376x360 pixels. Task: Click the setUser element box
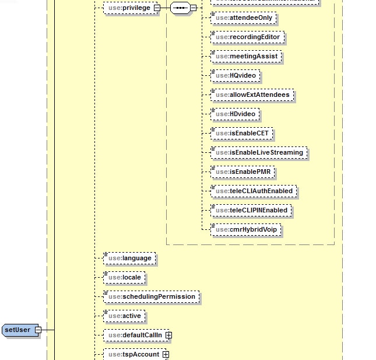pyautogui.click(x=17, y=330)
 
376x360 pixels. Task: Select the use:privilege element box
pyautogui.click(x=128, y=8)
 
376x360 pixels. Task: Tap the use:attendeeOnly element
pyautogui.click(x=244, y=18)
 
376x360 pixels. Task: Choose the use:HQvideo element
pyautogui.click(x=236, y=76)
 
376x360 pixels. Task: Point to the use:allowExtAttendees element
pyautogui.click(x=252, y=95)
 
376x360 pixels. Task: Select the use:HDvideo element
pyautogui.click(x=236, y=114)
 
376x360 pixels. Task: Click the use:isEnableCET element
pyautogui.click(x=241, y=134)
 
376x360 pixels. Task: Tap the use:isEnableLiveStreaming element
pyautogui.click(x=258, y=153)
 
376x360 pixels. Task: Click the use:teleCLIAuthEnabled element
pyautogui.click(x=254, y=191)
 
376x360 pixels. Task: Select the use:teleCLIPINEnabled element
pyautogui.click(x=251, y=210)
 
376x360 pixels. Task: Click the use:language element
pyautogui.click(x=129, y=258)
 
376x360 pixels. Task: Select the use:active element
pyautogui.click(x=124, y=316)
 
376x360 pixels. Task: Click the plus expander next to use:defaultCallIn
pyautogui.click(x=168, y=335)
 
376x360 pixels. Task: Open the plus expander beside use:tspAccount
pyautogui.click(x=166, y=354)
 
